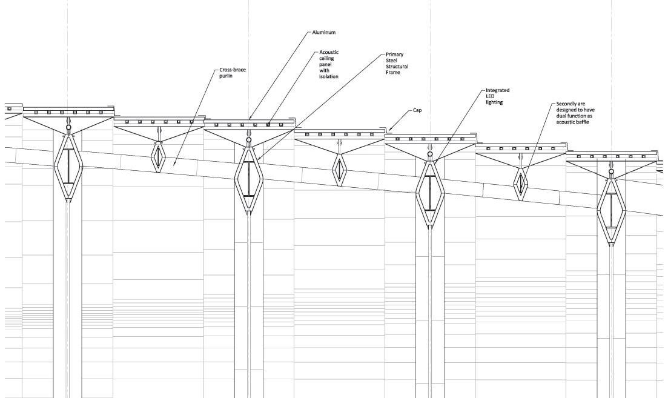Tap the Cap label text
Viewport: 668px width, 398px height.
click(417, 111)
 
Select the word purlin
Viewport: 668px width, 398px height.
click(226, 76)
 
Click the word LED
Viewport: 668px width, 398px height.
click(491, 96)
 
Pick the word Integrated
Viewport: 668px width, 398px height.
click(498, 90)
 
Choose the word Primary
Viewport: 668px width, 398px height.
click(394, 55)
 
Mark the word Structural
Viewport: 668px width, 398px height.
click(397, 67)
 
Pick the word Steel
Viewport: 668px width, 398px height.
click(392, 61)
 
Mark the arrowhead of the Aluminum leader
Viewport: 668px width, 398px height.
click(250, 119)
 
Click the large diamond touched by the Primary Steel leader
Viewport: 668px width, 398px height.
click(249, 179)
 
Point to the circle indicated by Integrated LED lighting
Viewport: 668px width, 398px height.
click(430, 154)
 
